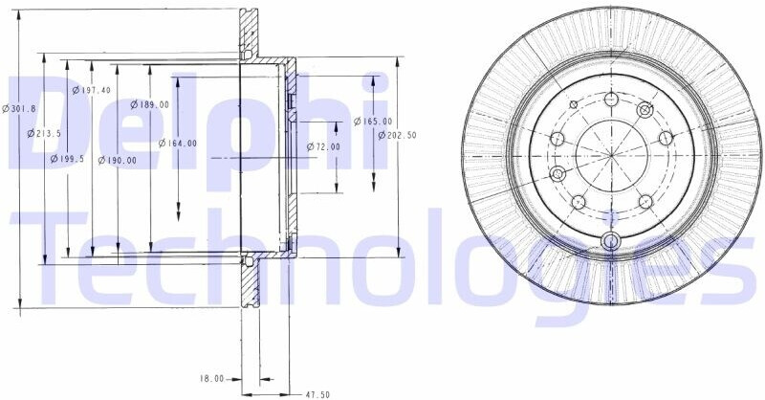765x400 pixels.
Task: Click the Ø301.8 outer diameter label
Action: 19,109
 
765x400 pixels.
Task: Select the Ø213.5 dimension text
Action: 44,133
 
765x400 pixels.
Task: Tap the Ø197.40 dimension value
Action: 91,90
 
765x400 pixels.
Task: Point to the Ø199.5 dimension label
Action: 68,158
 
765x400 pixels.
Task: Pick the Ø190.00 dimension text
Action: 118,160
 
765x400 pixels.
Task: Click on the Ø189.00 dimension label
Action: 150,104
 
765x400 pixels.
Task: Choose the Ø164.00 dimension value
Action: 178,144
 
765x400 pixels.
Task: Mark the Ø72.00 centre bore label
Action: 323,146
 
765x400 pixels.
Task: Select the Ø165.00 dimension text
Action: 373,122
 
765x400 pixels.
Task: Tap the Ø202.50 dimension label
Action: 398,135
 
